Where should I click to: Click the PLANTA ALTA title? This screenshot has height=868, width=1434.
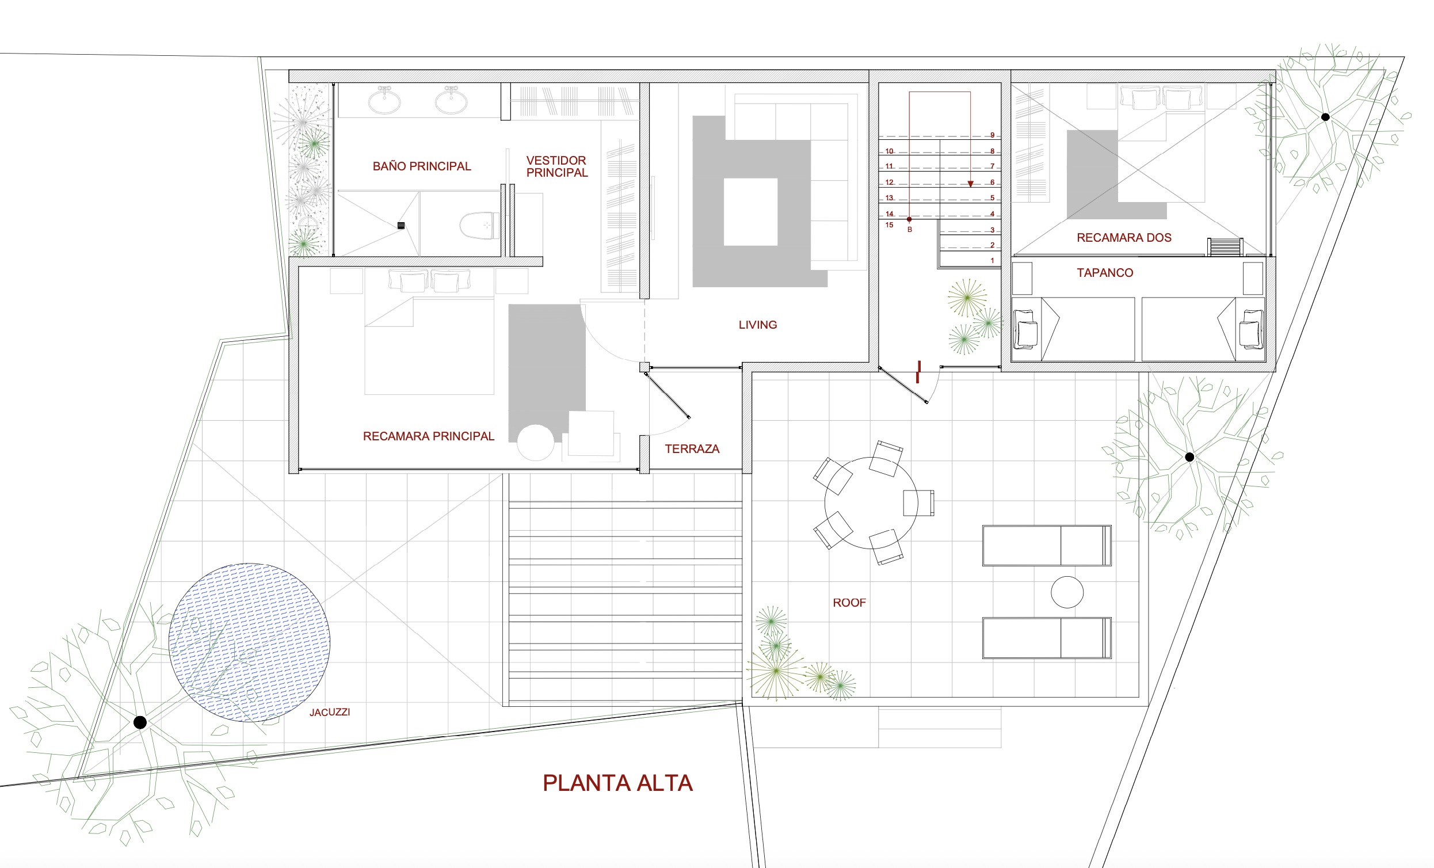click(617, 783)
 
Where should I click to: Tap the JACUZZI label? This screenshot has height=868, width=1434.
click(329, 712)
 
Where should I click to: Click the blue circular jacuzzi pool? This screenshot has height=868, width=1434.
click(249, 643)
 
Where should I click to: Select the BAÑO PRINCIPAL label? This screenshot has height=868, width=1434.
click(421, 166)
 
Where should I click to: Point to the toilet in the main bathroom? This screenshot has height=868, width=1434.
click(479, 225)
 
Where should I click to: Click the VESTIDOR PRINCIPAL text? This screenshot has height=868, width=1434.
click(557, 166)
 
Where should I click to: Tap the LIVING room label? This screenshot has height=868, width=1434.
click(758, 325)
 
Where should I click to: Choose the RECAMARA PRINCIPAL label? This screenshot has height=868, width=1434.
click(428, 436)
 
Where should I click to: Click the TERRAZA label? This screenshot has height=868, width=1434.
click(692, 449)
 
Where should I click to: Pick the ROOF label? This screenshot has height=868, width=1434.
click(849, 603)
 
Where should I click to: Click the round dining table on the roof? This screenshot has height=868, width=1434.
click(871, 503)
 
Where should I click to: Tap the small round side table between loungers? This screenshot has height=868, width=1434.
click(1067, 592)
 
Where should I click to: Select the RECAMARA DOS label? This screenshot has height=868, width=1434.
click(1124, 238)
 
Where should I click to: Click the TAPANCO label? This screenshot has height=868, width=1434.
click(1105, 273)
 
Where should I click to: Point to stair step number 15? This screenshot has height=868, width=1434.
click(889, 224)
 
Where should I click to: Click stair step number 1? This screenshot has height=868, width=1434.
click(992, 260)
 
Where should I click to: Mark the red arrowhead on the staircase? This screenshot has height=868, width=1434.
click(970, 184)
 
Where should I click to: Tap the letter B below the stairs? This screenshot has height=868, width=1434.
click(910, 230)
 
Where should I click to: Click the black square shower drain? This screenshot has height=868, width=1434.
click(401, 225)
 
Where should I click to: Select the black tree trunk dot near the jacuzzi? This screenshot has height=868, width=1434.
click(140, 722)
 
